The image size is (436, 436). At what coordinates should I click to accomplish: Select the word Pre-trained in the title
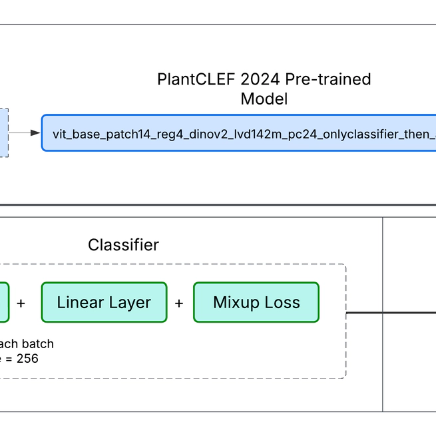(x=328, y=79)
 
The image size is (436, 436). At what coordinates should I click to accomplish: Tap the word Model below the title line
(x=264, y=99)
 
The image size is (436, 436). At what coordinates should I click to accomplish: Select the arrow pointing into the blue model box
(x=25, y=133)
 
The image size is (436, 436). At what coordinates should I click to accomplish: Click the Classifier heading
(x=123, y=245)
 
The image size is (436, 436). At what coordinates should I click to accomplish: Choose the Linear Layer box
(x=104, y=302)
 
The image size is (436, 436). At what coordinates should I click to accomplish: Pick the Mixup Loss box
(x=256, y=302)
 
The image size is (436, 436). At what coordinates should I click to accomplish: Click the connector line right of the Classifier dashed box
(x=364, y=312)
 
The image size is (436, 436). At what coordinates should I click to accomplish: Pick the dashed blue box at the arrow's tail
(x=4, y=133)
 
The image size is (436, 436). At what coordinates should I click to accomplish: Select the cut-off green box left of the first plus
(x=4, y=302)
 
